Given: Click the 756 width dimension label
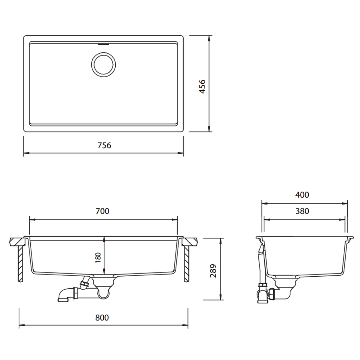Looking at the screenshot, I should [104, 145].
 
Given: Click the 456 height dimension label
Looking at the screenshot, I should [202, 86].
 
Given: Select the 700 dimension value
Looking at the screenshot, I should [103, 211].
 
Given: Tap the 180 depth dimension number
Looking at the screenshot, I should [98, 257].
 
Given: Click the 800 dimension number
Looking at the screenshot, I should [102, 317].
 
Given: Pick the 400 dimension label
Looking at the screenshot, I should [302, 195].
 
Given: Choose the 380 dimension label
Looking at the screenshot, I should [302, 211].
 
